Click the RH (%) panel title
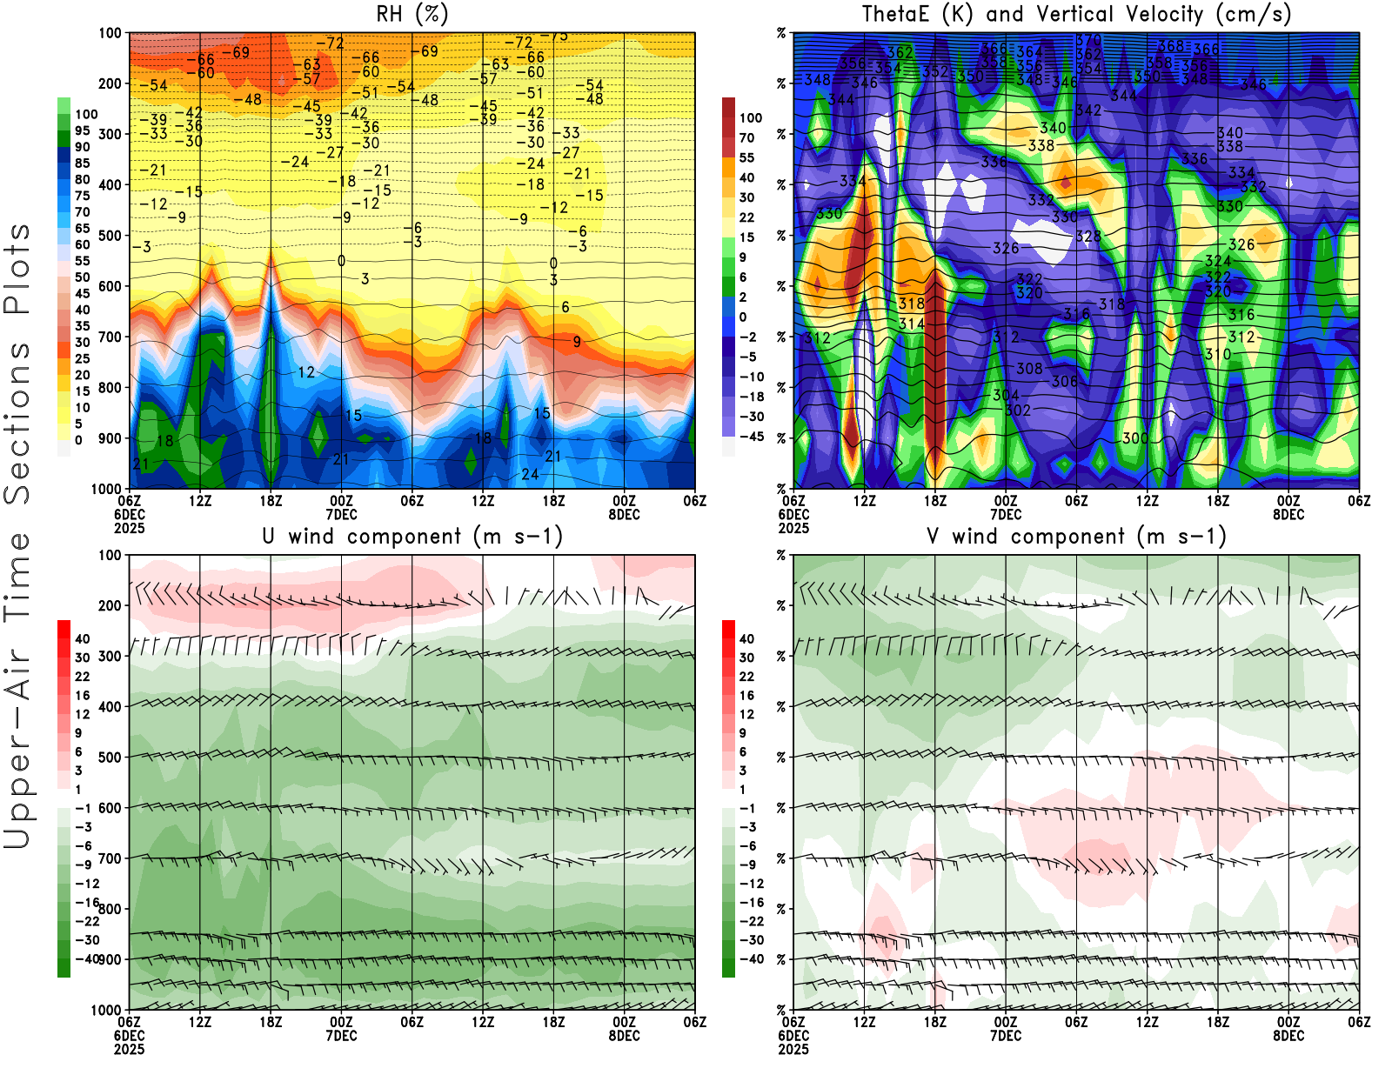(412, 14)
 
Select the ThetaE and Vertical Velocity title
(1076, 14)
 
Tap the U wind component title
(412, 536)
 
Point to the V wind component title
(1076, 536)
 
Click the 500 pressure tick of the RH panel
(110, 236)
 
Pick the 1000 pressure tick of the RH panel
(106, 489)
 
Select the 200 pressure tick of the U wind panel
(110, 605)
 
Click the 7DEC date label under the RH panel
(341, 514)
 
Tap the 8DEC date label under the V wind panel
(1288, 1036)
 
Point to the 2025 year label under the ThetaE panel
(793, 528)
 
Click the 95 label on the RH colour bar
(82, 130)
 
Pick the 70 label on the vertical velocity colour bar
(746, 137)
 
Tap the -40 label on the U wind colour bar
(87, 958)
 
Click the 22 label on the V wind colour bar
(746, 677)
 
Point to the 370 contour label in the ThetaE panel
(1088, 40)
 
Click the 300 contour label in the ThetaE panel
(1134, 437)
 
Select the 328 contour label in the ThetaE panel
(1088, 236)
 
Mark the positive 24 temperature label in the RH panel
(530, 474)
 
